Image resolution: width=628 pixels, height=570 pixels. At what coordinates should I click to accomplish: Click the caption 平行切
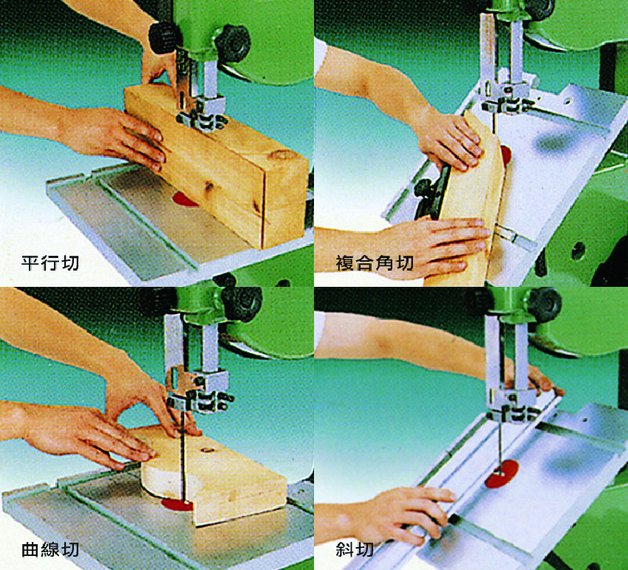[x=50, y=263]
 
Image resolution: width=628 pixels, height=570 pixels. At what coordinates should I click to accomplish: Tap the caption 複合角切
[x=375, y=263]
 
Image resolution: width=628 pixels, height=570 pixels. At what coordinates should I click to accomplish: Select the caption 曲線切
[x=50, y=549]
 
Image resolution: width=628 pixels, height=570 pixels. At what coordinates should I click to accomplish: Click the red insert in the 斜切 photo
[x=502, y=474]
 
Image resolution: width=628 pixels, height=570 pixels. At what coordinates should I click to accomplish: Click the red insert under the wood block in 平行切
[x=183, y=199]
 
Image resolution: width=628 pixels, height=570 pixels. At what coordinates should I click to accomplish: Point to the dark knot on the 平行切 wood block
[x=208, y=187]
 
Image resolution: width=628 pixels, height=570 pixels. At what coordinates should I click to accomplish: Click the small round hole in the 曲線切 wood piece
[x=207, y=449]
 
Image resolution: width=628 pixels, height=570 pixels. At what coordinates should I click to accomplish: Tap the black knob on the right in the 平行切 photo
[x=233, y=43]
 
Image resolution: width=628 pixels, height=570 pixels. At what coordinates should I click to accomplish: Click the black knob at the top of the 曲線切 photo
[x=242, y=304]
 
